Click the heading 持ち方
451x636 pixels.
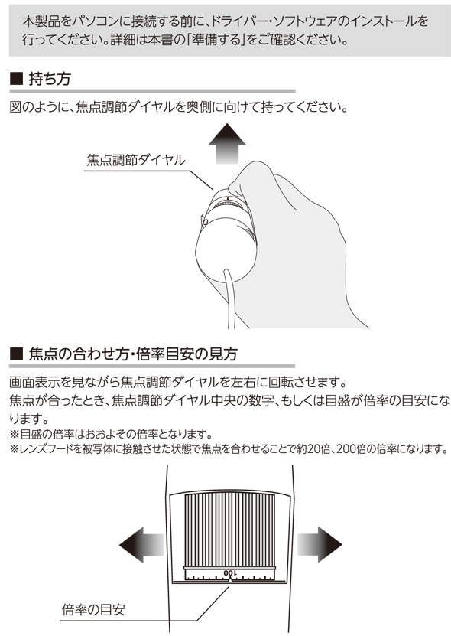click(50, 79)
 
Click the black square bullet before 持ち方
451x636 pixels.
click(16, 79)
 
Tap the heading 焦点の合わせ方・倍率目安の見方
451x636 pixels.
click(133, 354)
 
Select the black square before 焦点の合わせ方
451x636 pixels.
click(16, 354)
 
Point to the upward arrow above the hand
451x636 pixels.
click(227, 143)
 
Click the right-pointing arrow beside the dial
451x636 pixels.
click(320, 545)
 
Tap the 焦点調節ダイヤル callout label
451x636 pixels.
click(136, 160)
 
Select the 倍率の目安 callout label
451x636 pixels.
click(93, 609)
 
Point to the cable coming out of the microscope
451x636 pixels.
click(229, 298)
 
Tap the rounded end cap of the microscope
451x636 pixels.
click(226, 253)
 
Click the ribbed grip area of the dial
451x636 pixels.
click(230, 530)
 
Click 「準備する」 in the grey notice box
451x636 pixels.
click(215, 40)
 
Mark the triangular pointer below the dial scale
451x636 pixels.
click(230, 580)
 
